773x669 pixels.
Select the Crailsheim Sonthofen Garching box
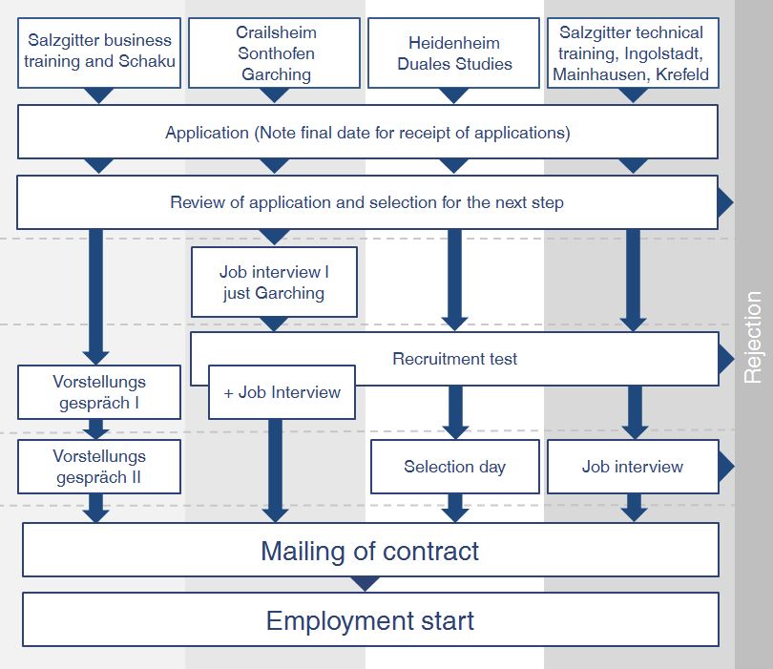click(x=275, y=53)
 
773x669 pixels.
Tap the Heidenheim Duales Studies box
click(x=454, y=53)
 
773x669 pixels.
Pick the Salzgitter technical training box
click(x=632, y=53)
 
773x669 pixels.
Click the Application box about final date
click(x=367, y=133)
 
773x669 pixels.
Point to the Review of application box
click(x=367, y=202)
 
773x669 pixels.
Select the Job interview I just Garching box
click(x=274, y=282)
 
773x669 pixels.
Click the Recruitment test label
click(x=454, y=359)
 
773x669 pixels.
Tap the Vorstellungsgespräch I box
click(x=99, y=392)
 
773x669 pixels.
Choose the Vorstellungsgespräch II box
click(x=99, y=467)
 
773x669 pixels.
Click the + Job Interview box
click(x=282, y=392)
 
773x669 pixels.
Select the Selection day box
click(x=454, y=467)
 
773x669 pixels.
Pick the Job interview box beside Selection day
click(x=632, y=467)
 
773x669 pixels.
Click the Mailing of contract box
click(x=369, y=551)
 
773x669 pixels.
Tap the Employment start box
click(x=369, y=620)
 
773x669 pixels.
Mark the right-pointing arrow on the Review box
click(x=725, y=202)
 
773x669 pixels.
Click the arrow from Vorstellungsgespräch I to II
click(x=95, y=429)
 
